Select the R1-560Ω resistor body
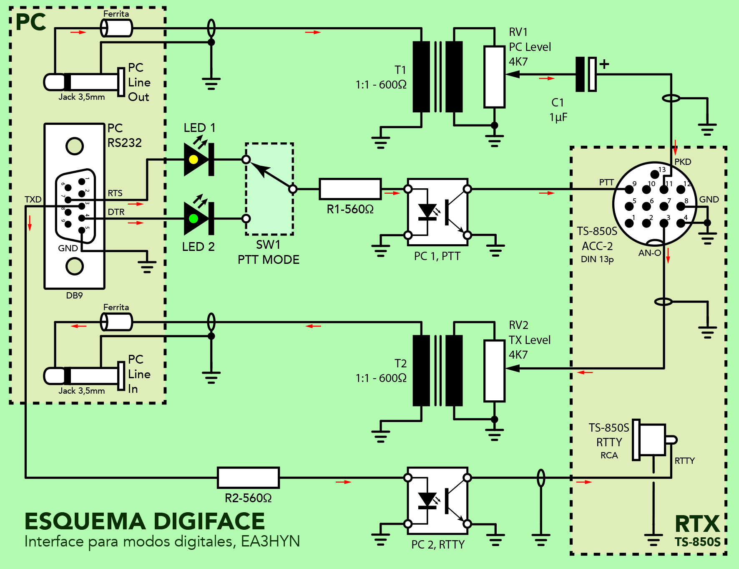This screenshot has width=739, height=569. tap(350, 189)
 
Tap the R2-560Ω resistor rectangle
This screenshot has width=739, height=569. tap(248, 478)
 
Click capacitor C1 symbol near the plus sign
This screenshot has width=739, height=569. tap(586, 74)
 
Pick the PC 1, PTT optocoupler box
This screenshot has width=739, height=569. tap(437, 212)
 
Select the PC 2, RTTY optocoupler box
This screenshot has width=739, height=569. tap(437, 501)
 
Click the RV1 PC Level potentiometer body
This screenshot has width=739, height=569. tap(494, 77)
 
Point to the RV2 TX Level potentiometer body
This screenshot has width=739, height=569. tap(494, 371)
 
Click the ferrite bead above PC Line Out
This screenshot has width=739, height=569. tap(116, 28)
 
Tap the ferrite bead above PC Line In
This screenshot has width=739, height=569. tap(116, 322)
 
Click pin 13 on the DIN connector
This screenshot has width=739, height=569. tap(655, 174)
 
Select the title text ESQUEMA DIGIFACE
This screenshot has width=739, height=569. tap(145, 521)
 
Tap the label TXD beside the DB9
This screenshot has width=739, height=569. tap(33, 199)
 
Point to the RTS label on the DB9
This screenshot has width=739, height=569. tap(115, 193)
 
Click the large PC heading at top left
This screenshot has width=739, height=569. tap(30, 23)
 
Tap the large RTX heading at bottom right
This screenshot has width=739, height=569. tap(697, 524)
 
